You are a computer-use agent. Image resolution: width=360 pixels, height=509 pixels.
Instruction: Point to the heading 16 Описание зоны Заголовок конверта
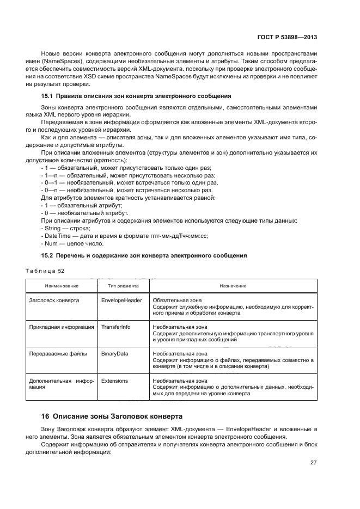tap(112, 416)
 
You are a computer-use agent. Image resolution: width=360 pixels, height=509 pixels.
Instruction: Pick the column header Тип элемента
tap(123, 286)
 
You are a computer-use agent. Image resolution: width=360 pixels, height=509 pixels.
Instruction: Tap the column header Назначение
tap(233, 286)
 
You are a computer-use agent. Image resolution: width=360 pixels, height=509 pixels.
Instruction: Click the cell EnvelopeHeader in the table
tap(121, 300)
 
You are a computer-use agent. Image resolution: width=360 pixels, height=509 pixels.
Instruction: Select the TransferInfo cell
tap(117, 327)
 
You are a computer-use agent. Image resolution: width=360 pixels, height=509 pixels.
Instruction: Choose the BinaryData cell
tap(115, 353)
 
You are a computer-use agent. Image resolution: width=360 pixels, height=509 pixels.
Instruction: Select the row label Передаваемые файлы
tap(58, 353)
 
